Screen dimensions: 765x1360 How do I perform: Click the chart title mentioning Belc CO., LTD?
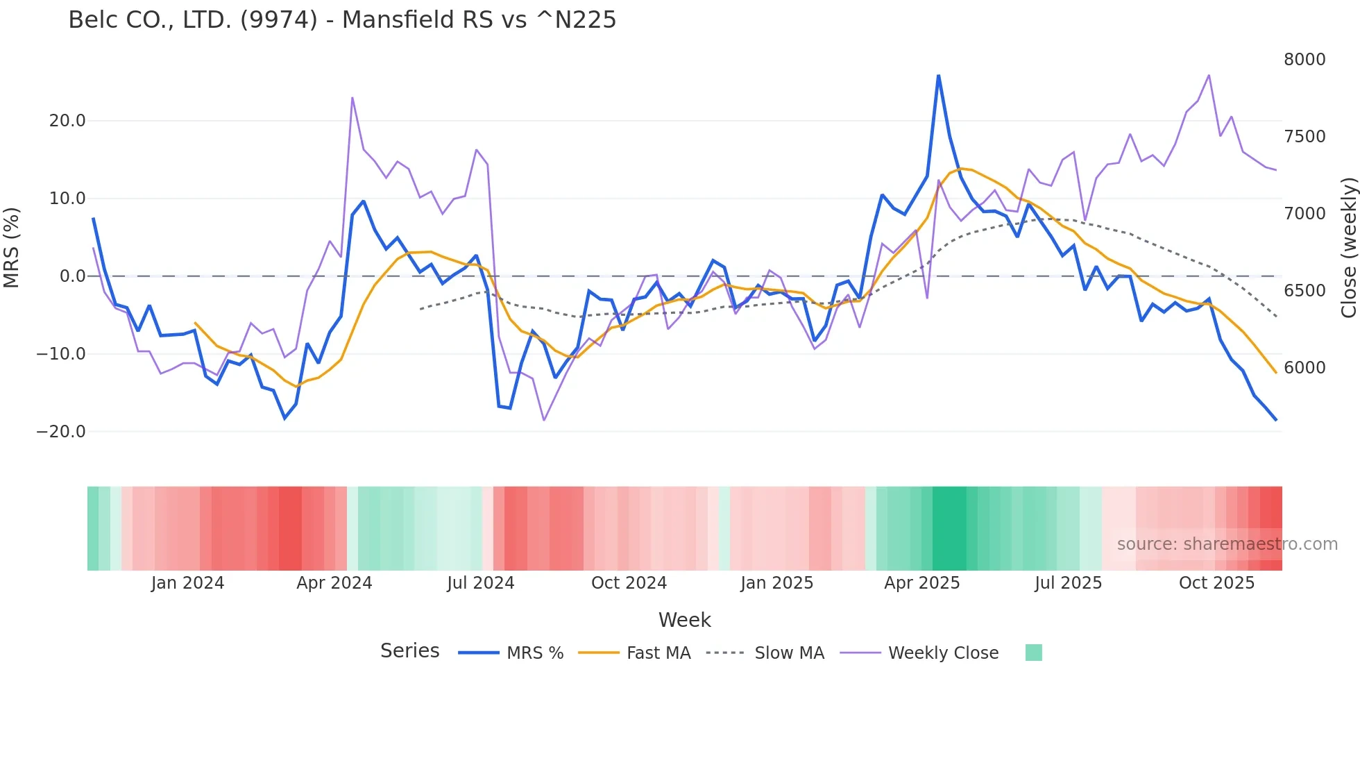pos(342,20)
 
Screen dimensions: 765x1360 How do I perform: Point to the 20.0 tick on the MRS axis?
pos(67,121)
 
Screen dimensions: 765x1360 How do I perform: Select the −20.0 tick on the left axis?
pos(61,432)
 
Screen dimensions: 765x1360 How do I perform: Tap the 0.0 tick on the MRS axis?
pos(73,276)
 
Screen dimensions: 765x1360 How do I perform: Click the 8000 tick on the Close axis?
pos(1304,60)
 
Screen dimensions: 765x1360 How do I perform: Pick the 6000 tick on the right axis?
pos(1304,368)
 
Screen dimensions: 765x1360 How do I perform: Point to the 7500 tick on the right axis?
pos(1304,137)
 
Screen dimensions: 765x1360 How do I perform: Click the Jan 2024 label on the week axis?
pos(187,583)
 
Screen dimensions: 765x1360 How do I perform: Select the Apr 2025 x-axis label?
pos(921,583)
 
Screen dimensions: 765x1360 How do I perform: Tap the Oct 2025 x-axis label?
pos(1216,583)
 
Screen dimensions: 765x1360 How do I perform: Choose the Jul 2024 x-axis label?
pos(480,583)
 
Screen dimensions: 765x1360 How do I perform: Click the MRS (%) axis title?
pos(12,247)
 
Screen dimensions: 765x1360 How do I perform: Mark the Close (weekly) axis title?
pos(1348,247)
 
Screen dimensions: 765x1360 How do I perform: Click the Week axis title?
pos(684,620)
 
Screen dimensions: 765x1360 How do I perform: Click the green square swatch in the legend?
pos(1033,653)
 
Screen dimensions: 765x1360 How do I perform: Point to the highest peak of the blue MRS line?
pos(938,76)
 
